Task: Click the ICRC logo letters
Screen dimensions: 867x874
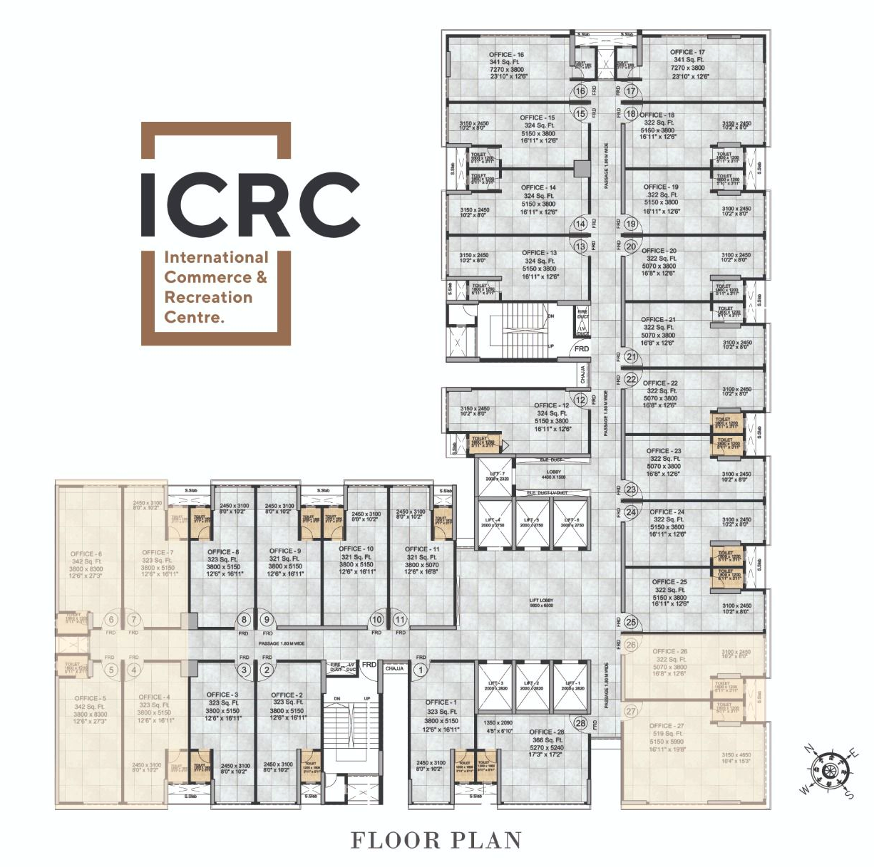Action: click(250, 204)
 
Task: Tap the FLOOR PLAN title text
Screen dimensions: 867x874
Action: click(436, 841)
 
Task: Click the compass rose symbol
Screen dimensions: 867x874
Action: click(828, 771)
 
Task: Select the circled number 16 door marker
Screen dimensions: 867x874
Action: click(580, 91)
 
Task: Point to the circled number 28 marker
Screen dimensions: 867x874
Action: click(580, 724)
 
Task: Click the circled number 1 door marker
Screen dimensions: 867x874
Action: click(421, 670)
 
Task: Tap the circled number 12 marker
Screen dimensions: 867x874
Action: click(580, 400)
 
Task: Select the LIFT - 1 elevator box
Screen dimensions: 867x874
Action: click(571, 685)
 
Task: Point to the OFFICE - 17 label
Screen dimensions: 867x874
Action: click(687, 52)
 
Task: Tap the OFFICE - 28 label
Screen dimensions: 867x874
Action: click(546, 732)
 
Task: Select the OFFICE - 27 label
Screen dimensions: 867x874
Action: click(667, 726)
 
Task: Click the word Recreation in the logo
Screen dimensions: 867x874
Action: click(208, 297)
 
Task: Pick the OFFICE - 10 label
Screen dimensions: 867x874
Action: click(356, 549)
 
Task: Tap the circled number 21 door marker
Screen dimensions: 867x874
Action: click(630, 357)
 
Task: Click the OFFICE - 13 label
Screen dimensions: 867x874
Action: click(539, 253)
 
